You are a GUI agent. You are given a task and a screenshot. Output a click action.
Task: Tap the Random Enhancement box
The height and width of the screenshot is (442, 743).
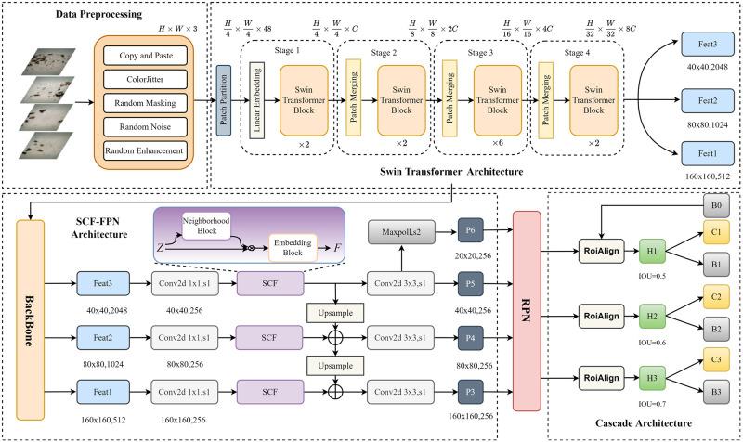(146, 149)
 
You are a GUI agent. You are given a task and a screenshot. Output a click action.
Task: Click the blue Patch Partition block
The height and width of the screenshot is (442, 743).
(223, 100)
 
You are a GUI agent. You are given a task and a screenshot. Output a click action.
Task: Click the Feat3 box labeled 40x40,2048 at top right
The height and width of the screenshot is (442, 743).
(708, 45)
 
